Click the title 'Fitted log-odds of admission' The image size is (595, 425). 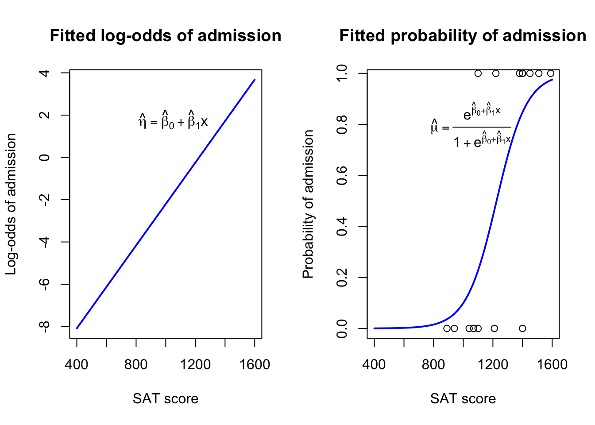point(165,36)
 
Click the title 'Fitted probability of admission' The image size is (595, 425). point(463,36)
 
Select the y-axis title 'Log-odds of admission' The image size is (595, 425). point(11,204)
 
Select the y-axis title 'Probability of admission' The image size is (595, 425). point(308,204)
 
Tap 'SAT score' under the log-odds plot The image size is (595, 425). point(165,399)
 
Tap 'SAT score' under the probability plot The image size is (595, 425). point(463,399)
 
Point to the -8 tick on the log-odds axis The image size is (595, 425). point(45,326)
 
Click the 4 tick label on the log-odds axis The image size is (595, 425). point(45,73)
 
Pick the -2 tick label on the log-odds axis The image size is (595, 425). point(45,200)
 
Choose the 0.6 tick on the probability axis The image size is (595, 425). point(342,175)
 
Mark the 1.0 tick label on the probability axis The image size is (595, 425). point(342,73)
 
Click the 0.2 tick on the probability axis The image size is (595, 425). point(342,278)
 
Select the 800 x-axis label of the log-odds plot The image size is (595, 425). point(136,365)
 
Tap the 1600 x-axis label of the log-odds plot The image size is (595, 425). point(255,365)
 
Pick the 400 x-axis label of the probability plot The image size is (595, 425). point(374,365)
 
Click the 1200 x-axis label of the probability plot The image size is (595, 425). point(493,365)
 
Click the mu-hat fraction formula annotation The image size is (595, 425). point(471,127)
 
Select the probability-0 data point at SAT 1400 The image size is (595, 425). point(522,328)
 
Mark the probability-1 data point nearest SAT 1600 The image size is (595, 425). point(551,73)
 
